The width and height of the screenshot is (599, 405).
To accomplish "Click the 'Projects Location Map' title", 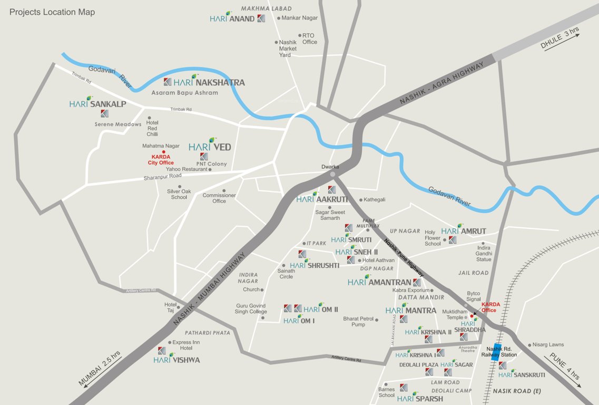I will click(52, 12).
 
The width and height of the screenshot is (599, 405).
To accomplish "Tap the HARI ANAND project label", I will click(232, 18).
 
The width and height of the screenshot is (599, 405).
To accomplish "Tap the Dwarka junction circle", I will click(332, 175).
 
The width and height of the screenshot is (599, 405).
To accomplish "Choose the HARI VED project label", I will click(210, 147).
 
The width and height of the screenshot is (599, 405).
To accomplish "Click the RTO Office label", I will click(309, 39).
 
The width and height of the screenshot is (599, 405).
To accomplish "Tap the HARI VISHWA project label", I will click(176, 360).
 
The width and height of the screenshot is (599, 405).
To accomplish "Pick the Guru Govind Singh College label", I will click(251, 308).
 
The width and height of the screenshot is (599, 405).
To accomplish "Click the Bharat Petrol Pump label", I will click(358, 322).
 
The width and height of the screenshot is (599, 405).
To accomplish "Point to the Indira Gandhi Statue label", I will click(484, 253).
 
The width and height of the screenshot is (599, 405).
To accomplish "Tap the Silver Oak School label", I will click(177, 194).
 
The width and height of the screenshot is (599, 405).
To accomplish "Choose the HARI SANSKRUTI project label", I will click(522, 374).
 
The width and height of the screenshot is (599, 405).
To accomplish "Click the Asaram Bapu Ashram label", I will click(184, 93).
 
